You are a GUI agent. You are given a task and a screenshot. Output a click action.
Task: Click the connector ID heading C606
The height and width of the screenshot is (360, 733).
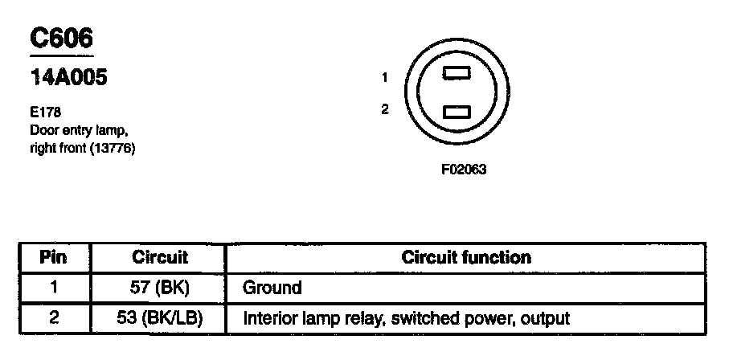point(61,39)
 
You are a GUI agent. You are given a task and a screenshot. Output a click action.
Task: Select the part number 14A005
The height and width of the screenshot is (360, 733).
point(69,79)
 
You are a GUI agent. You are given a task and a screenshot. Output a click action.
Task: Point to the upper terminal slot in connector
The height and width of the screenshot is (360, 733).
point(457,73)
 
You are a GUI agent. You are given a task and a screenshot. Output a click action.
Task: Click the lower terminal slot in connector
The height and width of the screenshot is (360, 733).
point(457,111)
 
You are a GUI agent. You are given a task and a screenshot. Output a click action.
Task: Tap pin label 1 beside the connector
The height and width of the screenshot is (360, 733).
point(386,78)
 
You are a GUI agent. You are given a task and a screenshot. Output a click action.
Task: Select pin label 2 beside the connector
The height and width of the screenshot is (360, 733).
point(386,109)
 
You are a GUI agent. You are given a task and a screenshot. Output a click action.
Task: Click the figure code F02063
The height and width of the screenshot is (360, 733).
point(464,170)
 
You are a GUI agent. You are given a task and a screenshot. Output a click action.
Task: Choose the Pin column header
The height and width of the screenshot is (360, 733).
point(53,258)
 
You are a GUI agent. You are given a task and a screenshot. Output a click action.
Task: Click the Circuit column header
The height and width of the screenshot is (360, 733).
point(159,258)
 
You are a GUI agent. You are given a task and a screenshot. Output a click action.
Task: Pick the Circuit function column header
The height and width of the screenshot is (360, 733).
point(466,258)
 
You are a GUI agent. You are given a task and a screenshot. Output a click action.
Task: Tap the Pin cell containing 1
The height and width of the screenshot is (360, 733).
point(53,288)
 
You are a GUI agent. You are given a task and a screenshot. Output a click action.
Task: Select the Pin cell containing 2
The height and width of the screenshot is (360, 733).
point(53,317)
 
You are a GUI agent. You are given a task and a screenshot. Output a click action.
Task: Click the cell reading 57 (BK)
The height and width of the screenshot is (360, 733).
point(159,288)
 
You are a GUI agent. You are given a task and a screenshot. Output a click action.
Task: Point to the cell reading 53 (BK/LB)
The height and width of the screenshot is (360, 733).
point(159,317)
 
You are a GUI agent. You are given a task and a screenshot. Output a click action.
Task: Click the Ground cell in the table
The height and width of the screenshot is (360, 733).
point(272,288)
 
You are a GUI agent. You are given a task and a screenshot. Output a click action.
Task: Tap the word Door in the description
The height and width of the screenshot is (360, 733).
point(44,131)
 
